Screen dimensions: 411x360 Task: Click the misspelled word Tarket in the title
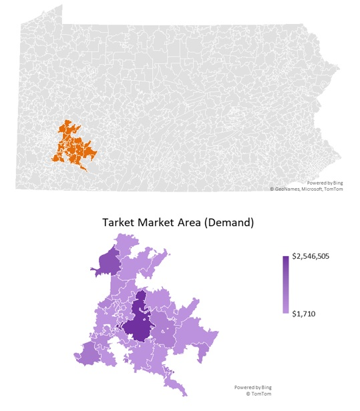(120, 223)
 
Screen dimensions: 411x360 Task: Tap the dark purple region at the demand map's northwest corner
(106, 262)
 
